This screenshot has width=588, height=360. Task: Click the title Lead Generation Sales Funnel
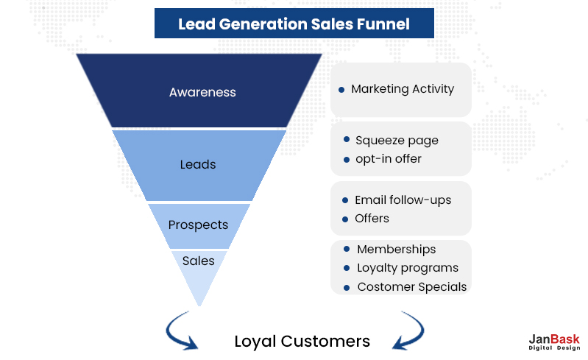coord(294,24)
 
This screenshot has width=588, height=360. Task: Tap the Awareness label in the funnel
coord(202,93)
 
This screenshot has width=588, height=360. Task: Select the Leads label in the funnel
coord(198,164)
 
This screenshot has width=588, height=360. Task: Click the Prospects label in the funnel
coord(198,225)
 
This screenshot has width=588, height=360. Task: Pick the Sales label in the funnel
coord(199,261)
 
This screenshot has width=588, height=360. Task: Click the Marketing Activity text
coord(402,89)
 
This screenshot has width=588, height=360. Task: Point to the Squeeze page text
coord(397,140)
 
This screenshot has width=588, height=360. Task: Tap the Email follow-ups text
coord(403,200)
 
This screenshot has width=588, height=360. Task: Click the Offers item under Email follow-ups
coord(372,219)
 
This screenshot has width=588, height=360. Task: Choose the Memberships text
coord(396,250)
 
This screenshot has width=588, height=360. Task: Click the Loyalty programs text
coord(407,268)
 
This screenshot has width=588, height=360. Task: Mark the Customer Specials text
coord(411,286)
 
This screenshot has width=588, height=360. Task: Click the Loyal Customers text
coord(302,341)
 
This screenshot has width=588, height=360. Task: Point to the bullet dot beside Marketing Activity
coord(341,90)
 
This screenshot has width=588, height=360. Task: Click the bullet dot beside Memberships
coord(346,250)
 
